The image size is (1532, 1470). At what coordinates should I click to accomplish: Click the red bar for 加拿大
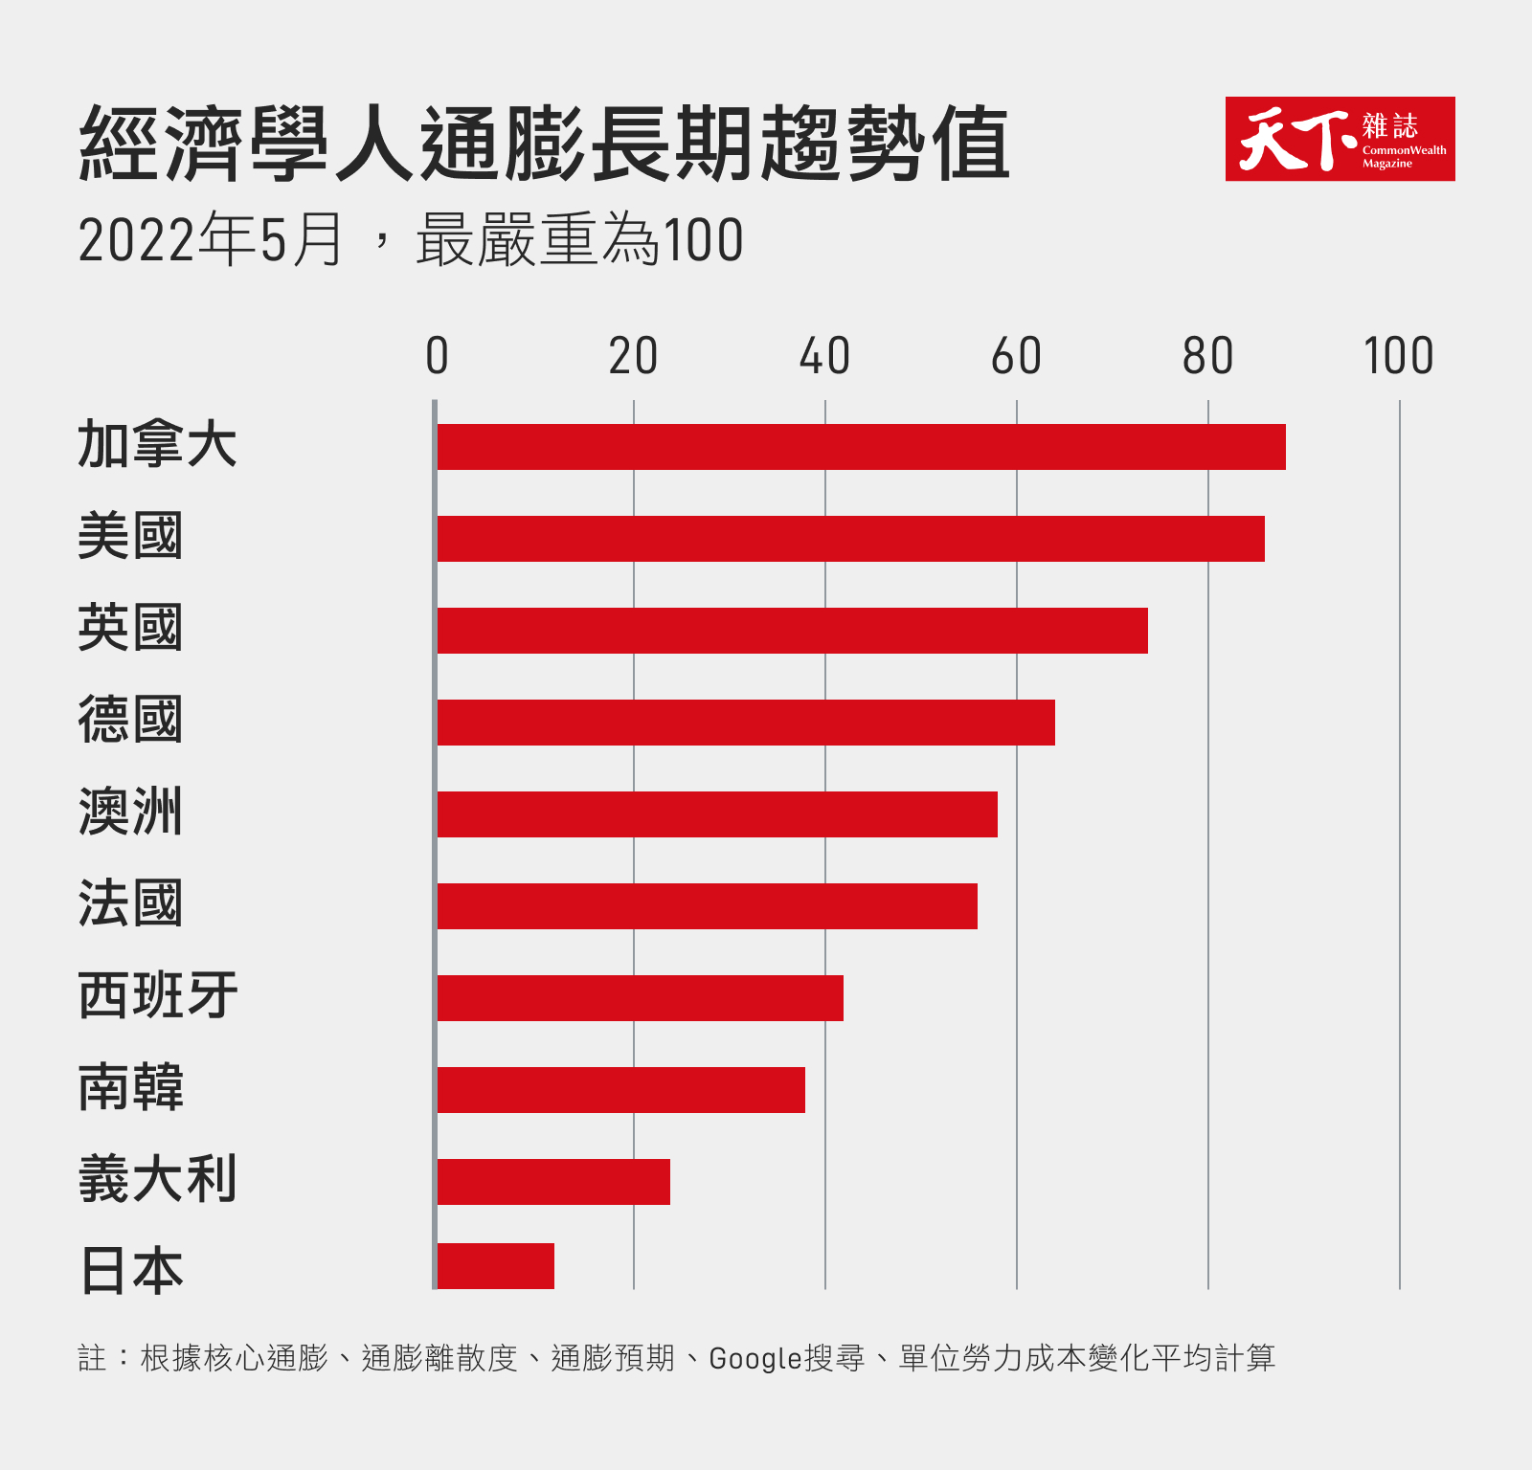(x=861, y=447)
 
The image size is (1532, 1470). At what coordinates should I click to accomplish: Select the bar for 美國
(x=850, y=539)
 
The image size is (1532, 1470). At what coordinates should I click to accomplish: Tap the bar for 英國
(x=792, y=631)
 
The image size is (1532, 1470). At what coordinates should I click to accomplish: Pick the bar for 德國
(x=746, y=723)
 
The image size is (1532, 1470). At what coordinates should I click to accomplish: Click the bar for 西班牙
(x=640, y=998)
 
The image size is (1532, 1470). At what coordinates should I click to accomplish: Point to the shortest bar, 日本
(x=495, y=1266)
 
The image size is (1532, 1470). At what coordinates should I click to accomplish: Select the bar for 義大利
(x=553, y=1182)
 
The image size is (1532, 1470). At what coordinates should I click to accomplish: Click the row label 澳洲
(x=130, y=813)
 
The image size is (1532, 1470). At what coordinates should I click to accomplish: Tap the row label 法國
(x=130, y=904)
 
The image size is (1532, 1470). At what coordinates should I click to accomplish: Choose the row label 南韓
(x=130, y=1088)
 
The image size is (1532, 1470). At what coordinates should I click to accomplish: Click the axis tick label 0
(x=437, y=357)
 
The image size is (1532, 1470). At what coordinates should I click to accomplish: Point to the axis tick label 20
(x=633, y=357)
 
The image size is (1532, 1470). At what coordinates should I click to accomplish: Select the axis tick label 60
(x=1016, y=357)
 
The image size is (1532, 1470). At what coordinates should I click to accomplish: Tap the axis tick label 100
(x=1398, y=357)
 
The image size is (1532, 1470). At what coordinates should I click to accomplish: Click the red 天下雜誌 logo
(x=1340, y=139)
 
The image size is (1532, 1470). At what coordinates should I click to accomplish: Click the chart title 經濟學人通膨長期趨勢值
(x=544, y=144)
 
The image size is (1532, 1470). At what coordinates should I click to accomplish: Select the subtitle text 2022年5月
(x=211, y=240)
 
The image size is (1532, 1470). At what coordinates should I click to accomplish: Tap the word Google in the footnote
(x=755, y=1358)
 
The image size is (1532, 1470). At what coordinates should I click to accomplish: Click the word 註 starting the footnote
(x=92, y=1358)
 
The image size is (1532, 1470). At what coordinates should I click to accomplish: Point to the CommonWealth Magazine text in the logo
(x=1404, y=156)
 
